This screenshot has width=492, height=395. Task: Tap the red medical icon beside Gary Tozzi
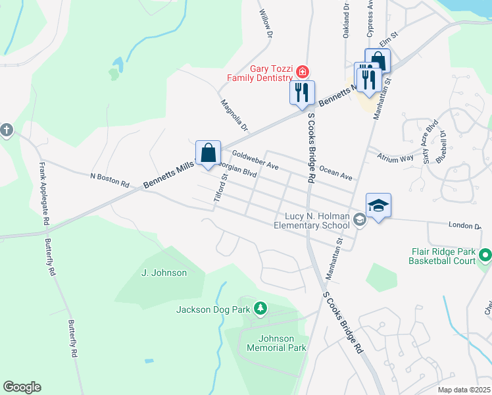click(x=302, y=70)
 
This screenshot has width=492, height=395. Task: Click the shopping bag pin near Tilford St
click(x=208, y=153)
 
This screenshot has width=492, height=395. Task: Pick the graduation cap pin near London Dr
click(x=378, y=206)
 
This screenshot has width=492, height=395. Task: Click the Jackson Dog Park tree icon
click(x=260, y=308)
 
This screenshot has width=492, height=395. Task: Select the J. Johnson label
click(x=164, y=273)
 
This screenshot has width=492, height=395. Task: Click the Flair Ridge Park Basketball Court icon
click(x=485, y=254)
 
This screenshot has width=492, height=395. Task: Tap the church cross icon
click(x=7, y=130)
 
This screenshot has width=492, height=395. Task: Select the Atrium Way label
click(x=395, y=157)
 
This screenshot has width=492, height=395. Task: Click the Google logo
click(x=22, y=387)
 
